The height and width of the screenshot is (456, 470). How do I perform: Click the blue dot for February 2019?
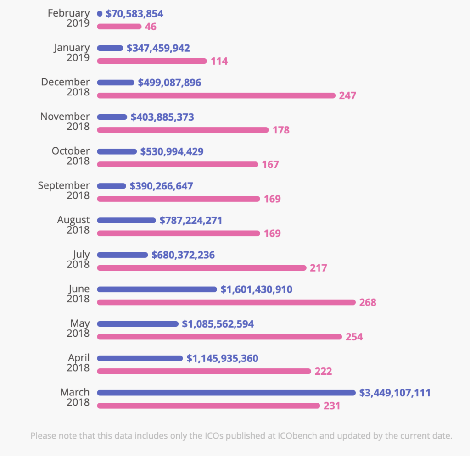click(x=100, y=14)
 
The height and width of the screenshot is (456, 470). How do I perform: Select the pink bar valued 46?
click(x=119, y=27)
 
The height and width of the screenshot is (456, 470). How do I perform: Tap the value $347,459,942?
click(x=158, y=48)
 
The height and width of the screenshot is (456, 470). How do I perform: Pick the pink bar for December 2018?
click(x=216, y=95)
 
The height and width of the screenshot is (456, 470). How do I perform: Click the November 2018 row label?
click(x=65, y=122)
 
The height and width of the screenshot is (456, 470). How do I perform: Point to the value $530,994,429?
click(x=172, y=151)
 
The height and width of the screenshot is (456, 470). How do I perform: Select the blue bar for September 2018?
click(x=112, y=186)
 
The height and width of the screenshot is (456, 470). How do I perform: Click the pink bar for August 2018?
click(x=179, y=233)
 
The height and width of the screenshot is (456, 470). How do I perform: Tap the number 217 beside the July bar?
click(x=319, y=268)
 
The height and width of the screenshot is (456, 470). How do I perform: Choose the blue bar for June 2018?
click(x=157, y=289)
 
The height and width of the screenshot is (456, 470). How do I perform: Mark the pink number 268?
click(x=368, y=302)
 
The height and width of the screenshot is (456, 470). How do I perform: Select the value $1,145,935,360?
click(x=222, y=358)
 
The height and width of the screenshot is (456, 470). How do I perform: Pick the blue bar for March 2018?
click(x=226, y=393)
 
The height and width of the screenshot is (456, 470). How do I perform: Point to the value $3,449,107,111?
click(x=395, y=393)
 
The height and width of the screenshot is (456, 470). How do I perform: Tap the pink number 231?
click(x=331, y=406)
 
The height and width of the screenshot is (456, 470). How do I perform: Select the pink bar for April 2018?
click(x=204, y=371)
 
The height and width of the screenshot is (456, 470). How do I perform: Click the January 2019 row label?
click(x=72, y=53)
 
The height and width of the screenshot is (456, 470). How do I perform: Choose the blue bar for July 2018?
click(x=123, y=255)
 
